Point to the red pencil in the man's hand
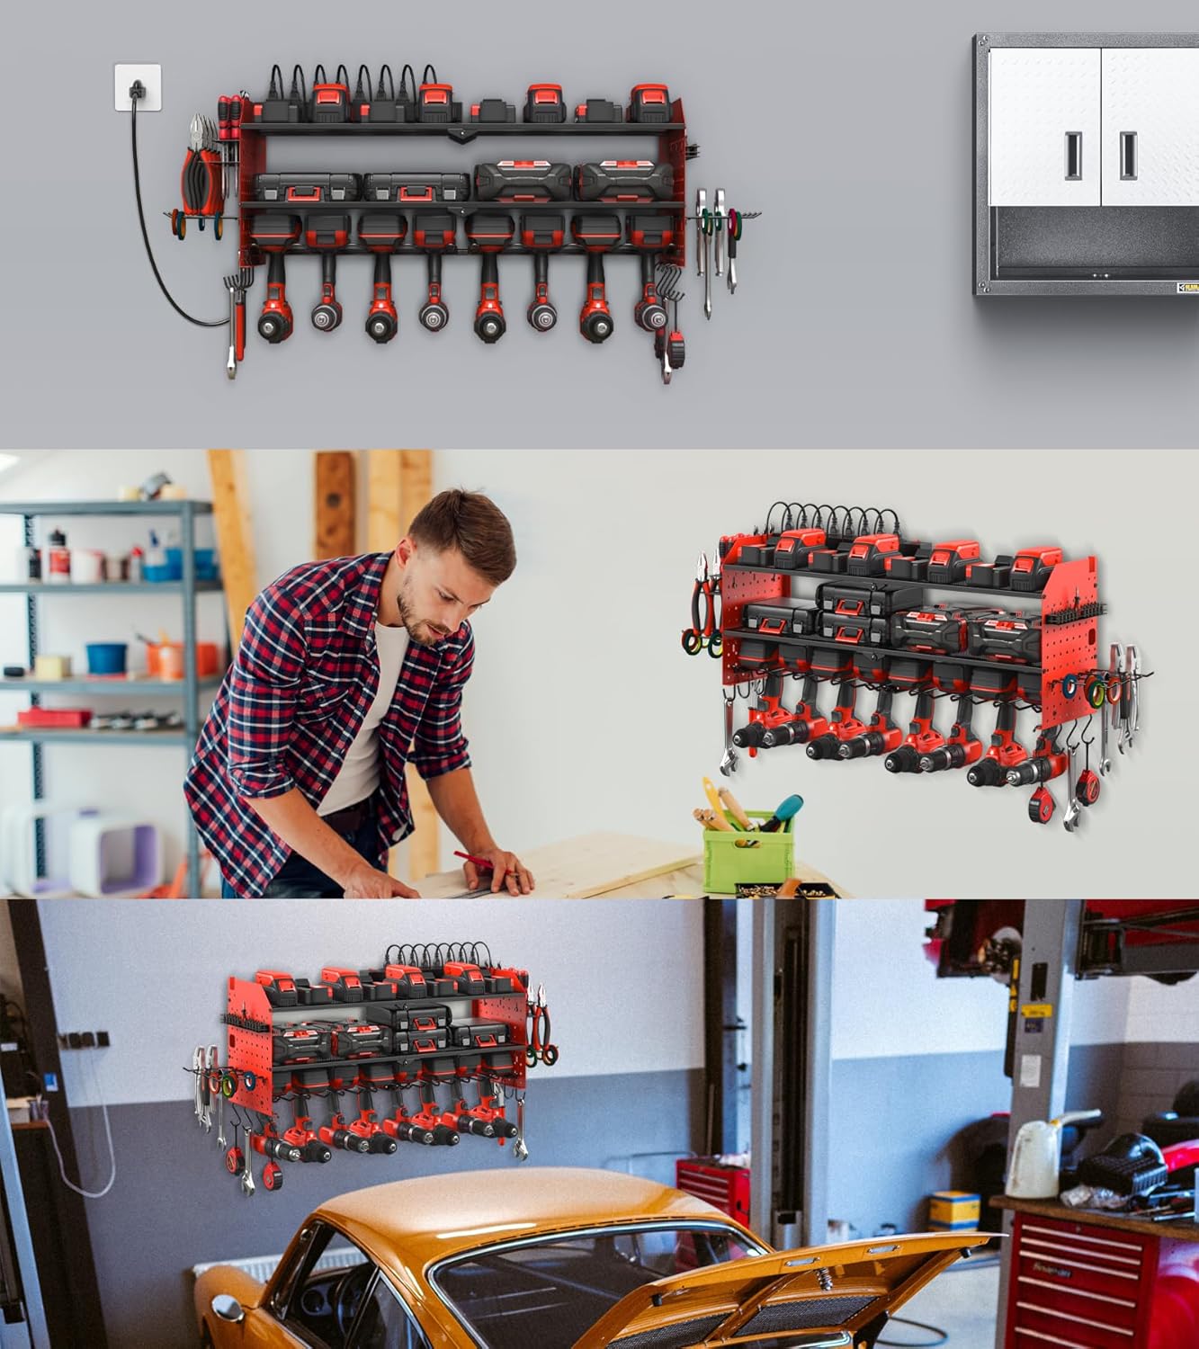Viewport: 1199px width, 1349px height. [x=481, y=862]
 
